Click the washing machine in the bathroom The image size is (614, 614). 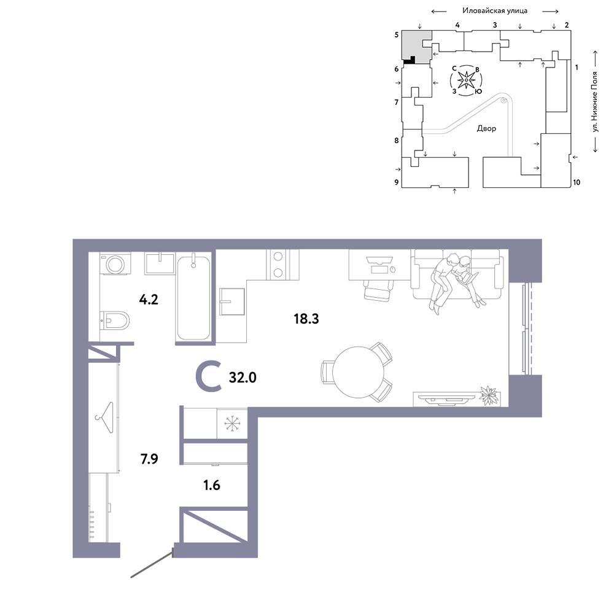115,263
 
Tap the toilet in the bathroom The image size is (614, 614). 114,322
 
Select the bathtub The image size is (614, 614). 193,297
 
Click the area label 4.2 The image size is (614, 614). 149,300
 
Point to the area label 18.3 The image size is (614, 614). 306,319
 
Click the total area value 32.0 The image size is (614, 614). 243,378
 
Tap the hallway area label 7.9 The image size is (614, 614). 149,459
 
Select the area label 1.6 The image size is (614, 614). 212,485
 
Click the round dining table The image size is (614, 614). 359,372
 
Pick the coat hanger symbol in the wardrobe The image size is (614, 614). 104,418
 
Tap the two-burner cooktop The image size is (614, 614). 278,264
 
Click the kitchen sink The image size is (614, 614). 232,301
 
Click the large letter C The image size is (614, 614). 209,377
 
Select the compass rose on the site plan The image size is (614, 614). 467,80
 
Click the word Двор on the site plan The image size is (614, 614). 486,128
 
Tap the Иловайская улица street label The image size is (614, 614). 495,11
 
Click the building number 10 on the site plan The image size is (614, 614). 577,182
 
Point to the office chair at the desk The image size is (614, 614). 379,290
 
